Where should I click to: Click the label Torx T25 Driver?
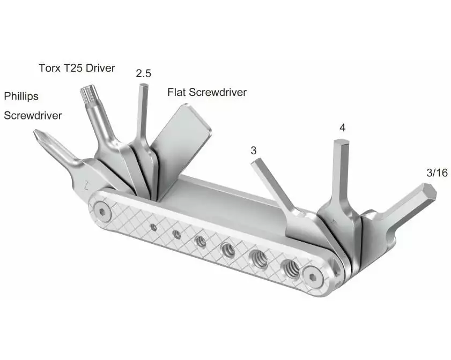click(x=77, y=69)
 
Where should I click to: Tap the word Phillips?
click(x=21, y=97)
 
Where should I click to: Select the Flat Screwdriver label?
click(x=207, y=92)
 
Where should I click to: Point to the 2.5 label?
click(x=143, y=74)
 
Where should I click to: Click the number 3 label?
click(x=254, y=151)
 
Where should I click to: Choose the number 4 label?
click(x=342, y=128)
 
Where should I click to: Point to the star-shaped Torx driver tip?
click(x=87, y=94)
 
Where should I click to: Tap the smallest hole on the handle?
click(x=153, y=227)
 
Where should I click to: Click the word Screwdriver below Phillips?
click(x=33, y=115)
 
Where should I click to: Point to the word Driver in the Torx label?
click(x=101, y=69)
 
